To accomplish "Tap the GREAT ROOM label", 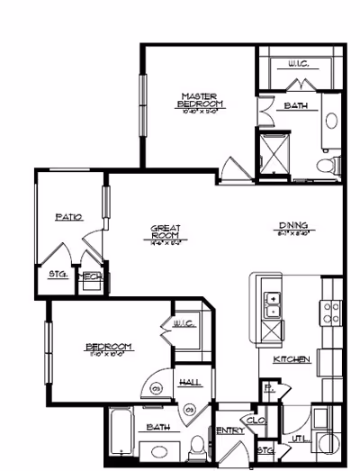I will click(166, 233).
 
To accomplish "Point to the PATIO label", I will click(68, 217).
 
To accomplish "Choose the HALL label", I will click(191, 383).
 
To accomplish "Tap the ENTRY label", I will click(231, 431).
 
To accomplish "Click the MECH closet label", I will click(91, 277).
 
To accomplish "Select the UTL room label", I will click(300, 439).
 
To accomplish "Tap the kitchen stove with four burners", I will click(330, 312).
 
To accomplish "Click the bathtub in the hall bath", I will click(121, 436).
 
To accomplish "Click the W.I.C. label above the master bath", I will click(300, 64).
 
